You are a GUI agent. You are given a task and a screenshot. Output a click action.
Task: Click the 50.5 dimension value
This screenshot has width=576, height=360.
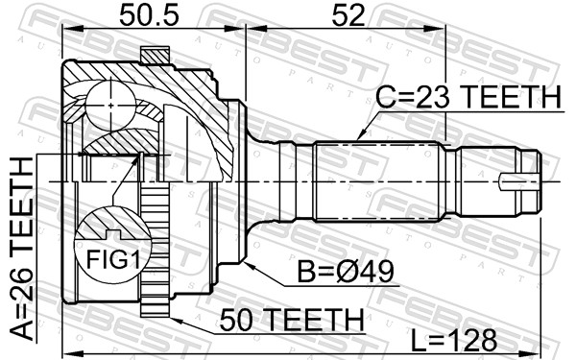click(149, 16)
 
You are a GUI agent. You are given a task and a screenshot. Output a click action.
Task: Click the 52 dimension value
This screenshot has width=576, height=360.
click(348, 16)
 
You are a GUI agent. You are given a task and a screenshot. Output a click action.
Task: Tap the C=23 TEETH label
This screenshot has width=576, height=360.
click(468, 97)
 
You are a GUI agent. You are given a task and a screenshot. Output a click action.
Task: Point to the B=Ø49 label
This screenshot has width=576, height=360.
click(346, 272)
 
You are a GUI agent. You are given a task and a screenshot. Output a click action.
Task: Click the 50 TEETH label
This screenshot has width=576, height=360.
click(292, 320)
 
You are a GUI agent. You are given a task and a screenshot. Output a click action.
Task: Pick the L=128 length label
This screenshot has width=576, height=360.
click(454, 340)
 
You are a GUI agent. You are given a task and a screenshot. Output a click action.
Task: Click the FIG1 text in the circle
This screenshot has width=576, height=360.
click(112, 260)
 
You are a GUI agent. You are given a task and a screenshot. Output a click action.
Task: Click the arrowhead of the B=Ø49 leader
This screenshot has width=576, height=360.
click(248, 265)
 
